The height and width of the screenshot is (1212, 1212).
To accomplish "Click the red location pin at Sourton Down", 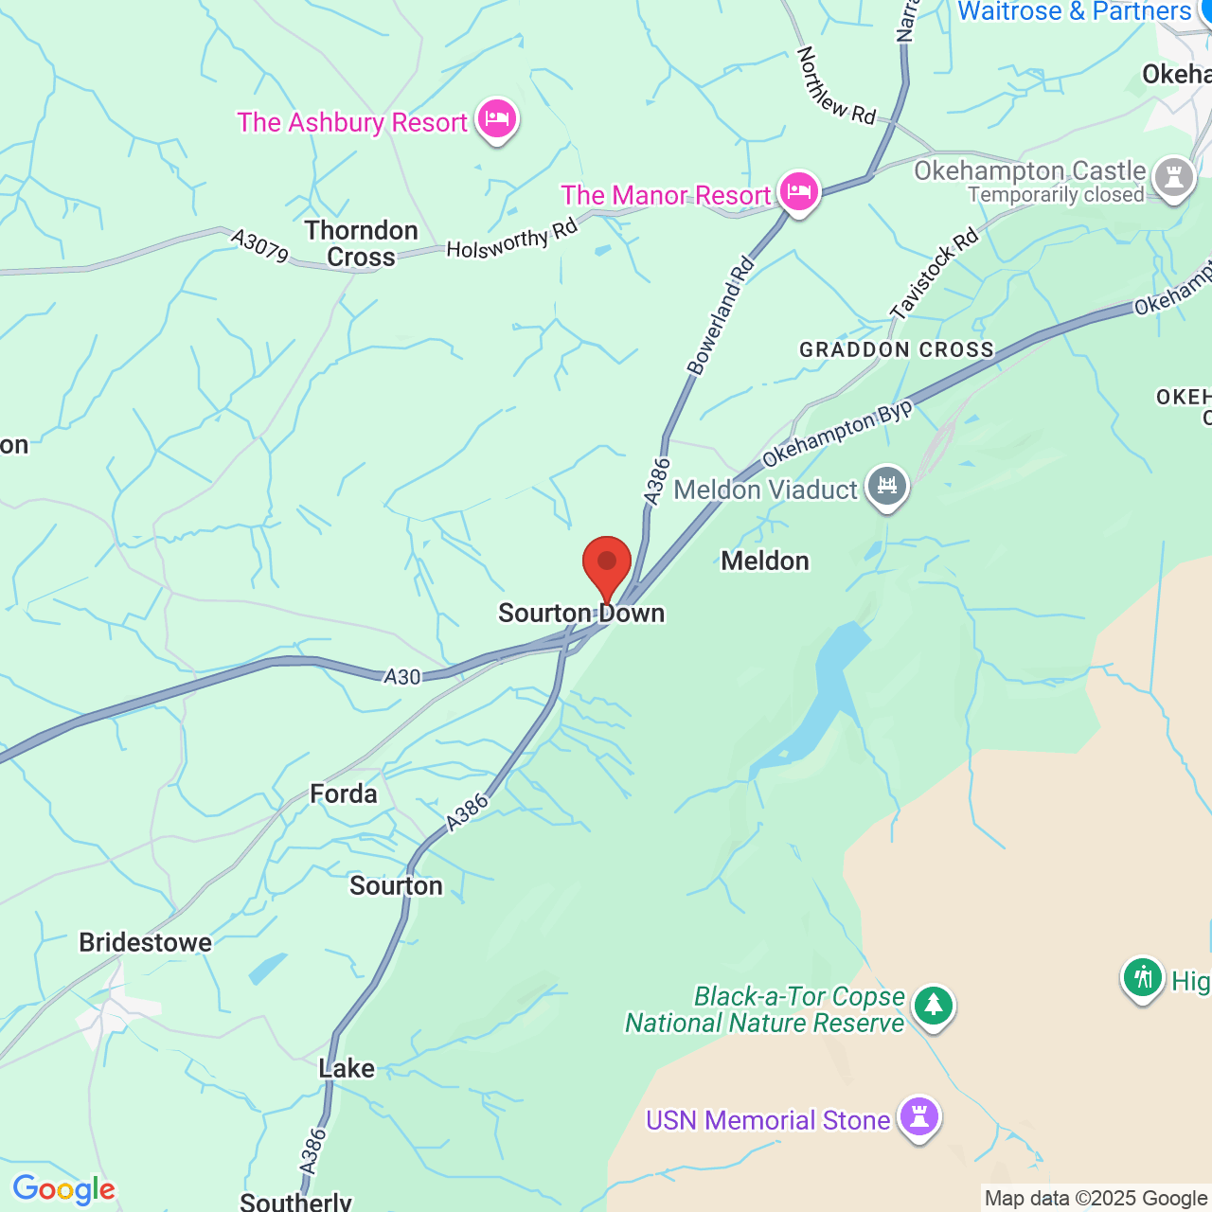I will pyautogui.click(x=607, y=565).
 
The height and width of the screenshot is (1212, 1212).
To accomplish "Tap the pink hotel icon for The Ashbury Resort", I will pyautogui.click(x=496, y=119).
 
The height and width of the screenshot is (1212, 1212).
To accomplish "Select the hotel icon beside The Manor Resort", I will pyautogui.click(x=798, y=191).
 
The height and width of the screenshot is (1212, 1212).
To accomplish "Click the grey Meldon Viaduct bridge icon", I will pyautogui.click(x=887, y=487).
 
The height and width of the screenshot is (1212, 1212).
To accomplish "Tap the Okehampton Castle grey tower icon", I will pyautogui.click(x=1174, y=177).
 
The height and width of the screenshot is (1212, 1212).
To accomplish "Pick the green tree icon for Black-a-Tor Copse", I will pyautogui.click(x=934, y=1006).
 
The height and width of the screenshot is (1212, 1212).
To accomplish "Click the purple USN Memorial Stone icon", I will pyautogui.click(x=918, y=1116).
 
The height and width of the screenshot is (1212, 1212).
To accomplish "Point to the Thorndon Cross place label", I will pyautogui.click(x=362, y=243).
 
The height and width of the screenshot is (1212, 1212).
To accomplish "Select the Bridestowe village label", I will pyautogui.click(x=146, y=942).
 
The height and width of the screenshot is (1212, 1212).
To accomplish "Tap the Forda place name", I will pyautogui.click(x=344, y=793).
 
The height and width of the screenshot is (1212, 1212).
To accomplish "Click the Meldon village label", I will pyautogui.click(x=765, y=561).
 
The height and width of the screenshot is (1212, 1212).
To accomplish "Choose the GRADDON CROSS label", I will pyautogui.click(x=897, y=350).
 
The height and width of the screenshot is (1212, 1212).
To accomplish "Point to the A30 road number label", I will pyautogui.click(x=402, y=676).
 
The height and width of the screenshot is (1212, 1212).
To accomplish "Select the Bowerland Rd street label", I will pyautogui.click(x=720, y=316).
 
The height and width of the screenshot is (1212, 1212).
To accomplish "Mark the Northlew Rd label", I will pyautogui.click(x=836, y=86).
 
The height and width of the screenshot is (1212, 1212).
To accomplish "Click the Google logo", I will pyautogui.click(x=64, y=1189).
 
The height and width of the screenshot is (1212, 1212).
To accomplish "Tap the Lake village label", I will pyautogui.click(x=347, y=1068).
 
